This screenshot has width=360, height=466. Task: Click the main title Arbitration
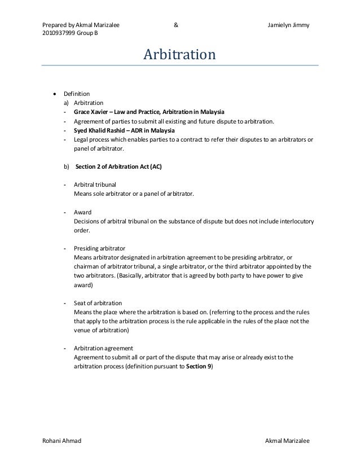click(179, 55)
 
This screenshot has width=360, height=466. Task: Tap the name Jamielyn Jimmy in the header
click(288, 25)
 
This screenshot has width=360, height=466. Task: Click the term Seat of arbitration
click(98, 303)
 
